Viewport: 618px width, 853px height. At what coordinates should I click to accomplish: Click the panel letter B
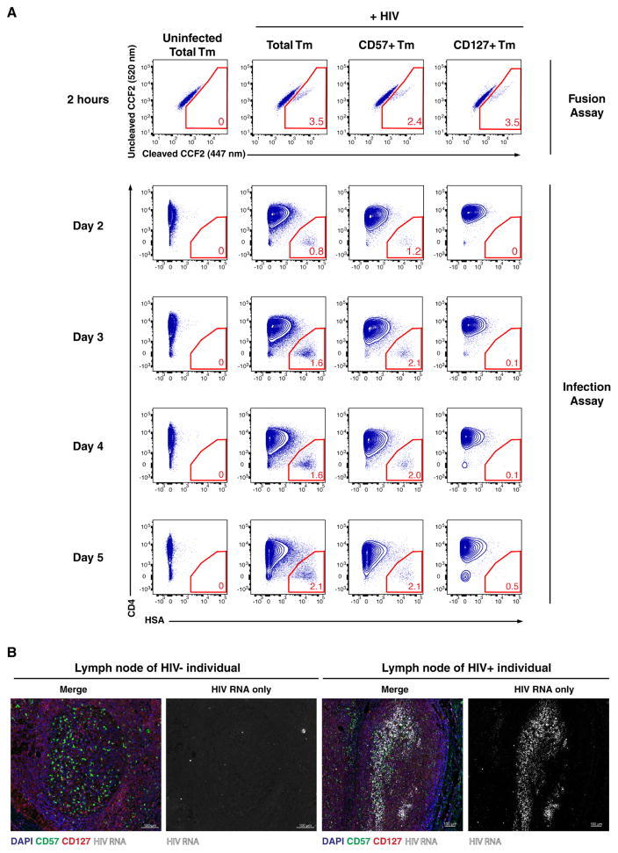coord(11,654)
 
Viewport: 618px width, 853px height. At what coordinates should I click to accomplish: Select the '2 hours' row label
coord(91,99)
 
